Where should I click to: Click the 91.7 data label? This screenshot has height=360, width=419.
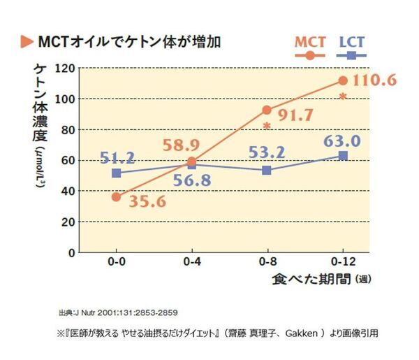point(296,116)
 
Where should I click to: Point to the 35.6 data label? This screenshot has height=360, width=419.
point(148,202)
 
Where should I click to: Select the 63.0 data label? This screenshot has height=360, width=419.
point(341,141)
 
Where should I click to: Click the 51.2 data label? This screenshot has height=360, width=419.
point(117,159)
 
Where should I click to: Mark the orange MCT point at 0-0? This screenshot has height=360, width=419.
point(116,197)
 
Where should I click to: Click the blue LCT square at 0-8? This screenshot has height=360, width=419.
point(267,171)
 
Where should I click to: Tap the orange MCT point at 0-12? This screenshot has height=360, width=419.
point(342,81)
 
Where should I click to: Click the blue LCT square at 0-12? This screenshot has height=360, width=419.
point(342,155)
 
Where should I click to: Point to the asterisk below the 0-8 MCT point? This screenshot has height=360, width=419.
point(267,127)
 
